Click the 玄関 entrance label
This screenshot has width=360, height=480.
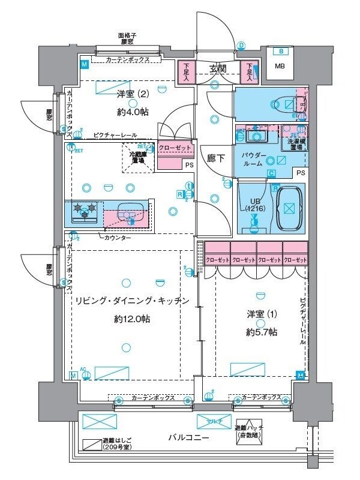pyautogui.click(x=218, y=68)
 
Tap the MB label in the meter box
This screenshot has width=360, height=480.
pyautogui.click(x=280, y=66)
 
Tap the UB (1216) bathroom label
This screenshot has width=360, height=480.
pyautogui.click(x=251, y=204)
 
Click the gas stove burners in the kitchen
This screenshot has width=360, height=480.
pyautogui.click(x=85, y=211)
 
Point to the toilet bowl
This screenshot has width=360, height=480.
pyautogui.click(x=282, y=104)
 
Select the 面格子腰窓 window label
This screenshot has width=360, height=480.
pyautogui.click(x=127, y=39)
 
